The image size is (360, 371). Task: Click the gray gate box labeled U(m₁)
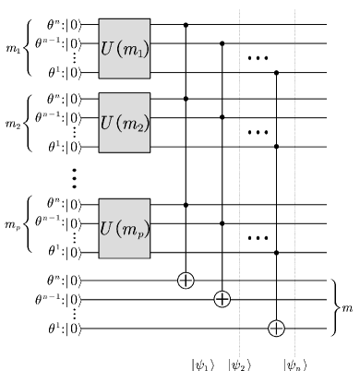coord(124,48)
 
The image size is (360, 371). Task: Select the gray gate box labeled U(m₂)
coord(124,122)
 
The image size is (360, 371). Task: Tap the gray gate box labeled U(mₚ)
coord(124,228)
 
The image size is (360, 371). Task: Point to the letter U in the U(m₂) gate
coord(107,122)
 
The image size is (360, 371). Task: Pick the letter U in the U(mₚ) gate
coord(107,227)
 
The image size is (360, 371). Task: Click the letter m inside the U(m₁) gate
coord(127,49)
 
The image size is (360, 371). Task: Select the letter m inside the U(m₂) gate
coord(127,123)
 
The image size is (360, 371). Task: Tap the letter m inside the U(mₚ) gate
coord(127,228)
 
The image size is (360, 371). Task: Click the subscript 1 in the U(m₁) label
coord(138,53)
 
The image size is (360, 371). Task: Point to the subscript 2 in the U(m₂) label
coord(138,126)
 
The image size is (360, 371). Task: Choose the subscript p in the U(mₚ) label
coord(138,232)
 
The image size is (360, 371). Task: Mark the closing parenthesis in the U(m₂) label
coord(145,122)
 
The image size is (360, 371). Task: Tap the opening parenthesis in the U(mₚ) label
coord(117,227)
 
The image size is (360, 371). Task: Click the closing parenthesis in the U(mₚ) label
coord(145,227)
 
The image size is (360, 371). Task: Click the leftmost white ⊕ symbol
coord(186,280)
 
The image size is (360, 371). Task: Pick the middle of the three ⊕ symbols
coord(222,298)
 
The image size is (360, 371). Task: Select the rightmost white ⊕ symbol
coord(276,328)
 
